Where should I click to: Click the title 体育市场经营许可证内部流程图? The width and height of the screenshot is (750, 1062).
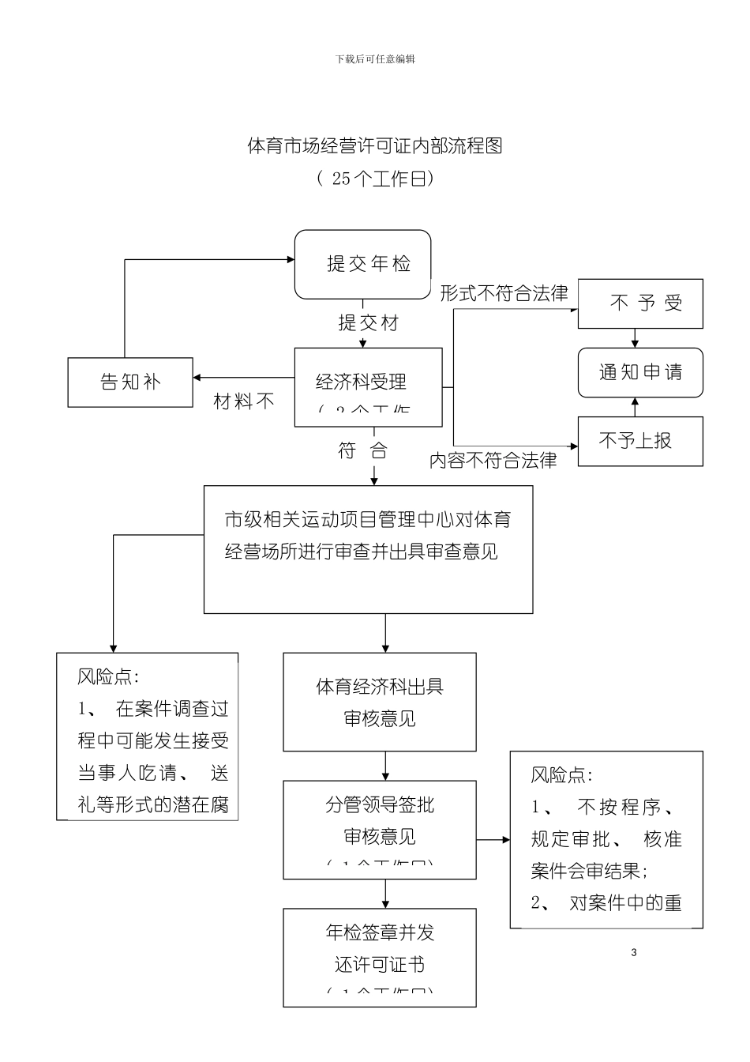point(375,146)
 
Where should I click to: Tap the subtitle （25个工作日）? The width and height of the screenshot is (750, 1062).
point(375,179)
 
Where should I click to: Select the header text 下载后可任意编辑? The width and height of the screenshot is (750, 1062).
point(375,59)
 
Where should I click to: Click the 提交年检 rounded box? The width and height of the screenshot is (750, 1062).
point(363,265)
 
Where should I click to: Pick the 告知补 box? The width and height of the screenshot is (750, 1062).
point(130,382)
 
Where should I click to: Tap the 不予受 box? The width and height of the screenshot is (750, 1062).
point(640,303)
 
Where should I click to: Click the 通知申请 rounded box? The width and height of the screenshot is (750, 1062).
point(640,373)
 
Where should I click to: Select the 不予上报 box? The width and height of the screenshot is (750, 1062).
point(640,441)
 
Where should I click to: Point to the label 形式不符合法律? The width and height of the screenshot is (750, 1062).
point(504,294)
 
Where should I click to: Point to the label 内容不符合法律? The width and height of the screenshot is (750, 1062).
point(493,461)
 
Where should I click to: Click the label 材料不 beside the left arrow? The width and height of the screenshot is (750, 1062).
point(244,402)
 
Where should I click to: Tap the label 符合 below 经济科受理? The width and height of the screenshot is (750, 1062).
point(363,451)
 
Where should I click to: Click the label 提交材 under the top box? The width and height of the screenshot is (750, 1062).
point(368,323)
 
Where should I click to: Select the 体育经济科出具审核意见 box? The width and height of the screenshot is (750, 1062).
point(380,702)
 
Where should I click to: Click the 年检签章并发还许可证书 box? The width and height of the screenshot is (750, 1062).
point(380,956)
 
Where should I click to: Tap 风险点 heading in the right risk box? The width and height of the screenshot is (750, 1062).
point(561,775)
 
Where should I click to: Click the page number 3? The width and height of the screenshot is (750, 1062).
point(634,952)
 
